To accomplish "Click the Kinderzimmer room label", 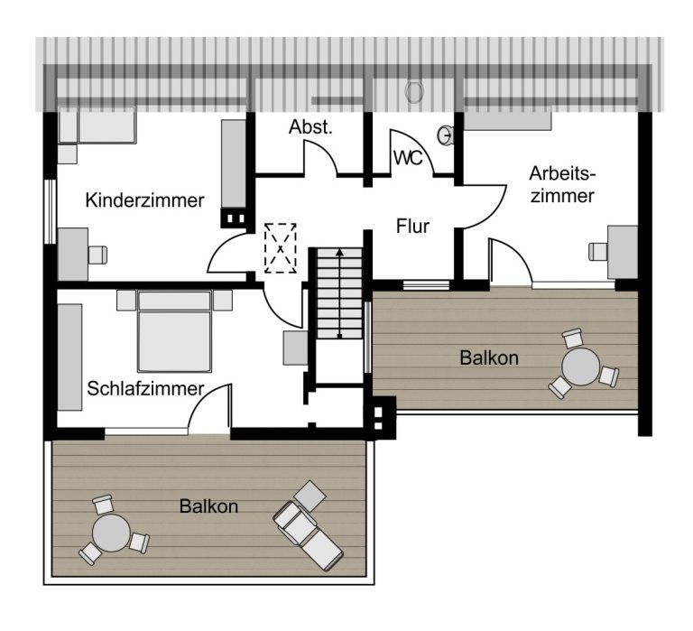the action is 144,200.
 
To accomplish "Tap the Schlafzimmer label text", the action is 145,389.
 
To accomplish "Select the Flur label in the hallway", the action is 412,226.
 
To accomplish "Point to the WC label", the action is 408,158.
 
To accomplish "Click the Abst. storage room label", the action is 310,127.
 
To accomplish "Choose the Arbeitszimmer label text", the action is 562,184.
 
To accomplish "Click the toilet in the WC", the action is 414,91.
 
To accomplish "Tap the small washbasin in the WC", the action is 445,135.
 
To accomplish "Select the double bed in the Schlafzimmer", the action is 174,330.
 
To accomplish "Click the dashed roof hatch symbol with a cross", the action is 281,248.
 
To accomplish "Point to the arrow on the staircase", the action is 339,293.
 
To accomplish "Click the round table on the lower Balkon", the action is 111,533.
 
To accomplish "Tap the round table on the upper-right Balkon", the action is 581,367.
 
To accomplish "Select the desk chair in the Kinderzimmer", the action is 97,255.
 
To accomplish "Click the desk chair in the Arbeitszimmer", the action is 598,251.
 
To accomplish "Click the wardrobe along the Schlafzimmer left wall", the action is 69,357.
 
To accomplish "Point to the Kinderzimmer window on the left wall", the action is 51,211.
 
